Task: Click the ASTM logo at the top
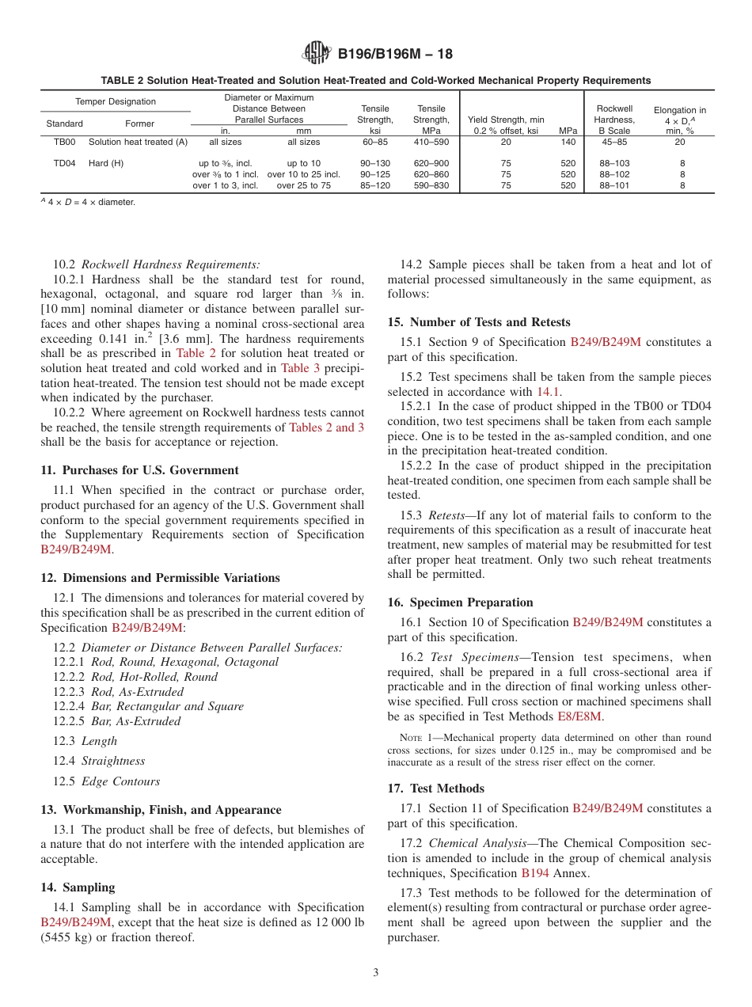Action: coord(317,54)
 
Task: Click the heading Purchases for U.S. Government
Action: coord(139,469)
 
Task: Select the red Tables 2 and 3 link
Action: coord(326,427)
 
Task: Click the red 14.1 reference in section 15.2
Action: coord(549,392)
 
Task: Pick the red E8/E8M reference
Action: coord(579,716)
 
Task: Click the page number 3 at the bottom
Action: coord(376,973)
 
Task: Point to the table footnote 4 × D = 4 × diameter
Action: coord(88,202)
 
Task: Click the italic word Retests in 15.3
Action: coord(446,515)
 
